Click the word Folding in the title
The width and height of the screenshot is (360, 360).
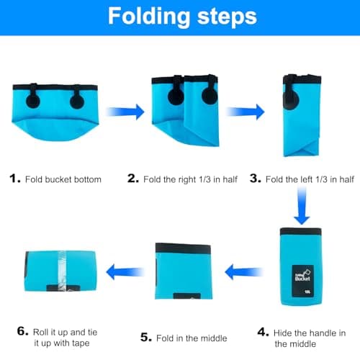click(149, 17)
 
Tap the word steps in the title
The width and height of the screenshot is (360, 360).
click(227, 17)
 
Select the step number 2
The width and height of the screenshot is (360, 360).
click(133, 179)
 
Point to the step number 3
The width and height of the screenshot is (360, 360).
click(256, 179)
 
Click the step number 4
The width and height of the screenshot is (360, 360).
click(263, 332)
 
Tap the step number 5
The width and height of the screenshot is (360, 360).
click(146, 337)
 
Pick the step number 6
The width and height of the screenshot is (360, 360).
click(23, 331)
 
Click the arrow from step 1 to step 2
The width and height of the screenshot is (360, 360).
click(125, 112)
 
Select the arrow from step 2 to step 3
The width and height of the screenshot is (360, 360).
click(245, 112)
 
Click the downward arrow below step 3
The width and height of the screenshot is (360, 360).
click(302, 206)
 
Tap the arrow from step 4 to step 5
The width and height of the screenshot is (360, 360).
click(244, 272)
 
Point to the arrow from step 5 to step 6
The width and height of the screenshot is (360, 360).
click(125, 272)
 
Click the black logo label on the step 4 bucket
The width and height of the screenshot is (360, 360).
click(303, 281)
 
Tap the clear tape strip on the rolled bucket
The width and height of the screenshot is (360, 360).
click(62, 271)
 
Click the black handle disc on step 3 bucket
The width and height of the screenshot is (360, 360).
click(291, 101)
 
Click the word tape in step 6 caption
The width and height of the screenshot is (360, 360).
click(79, 343)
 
